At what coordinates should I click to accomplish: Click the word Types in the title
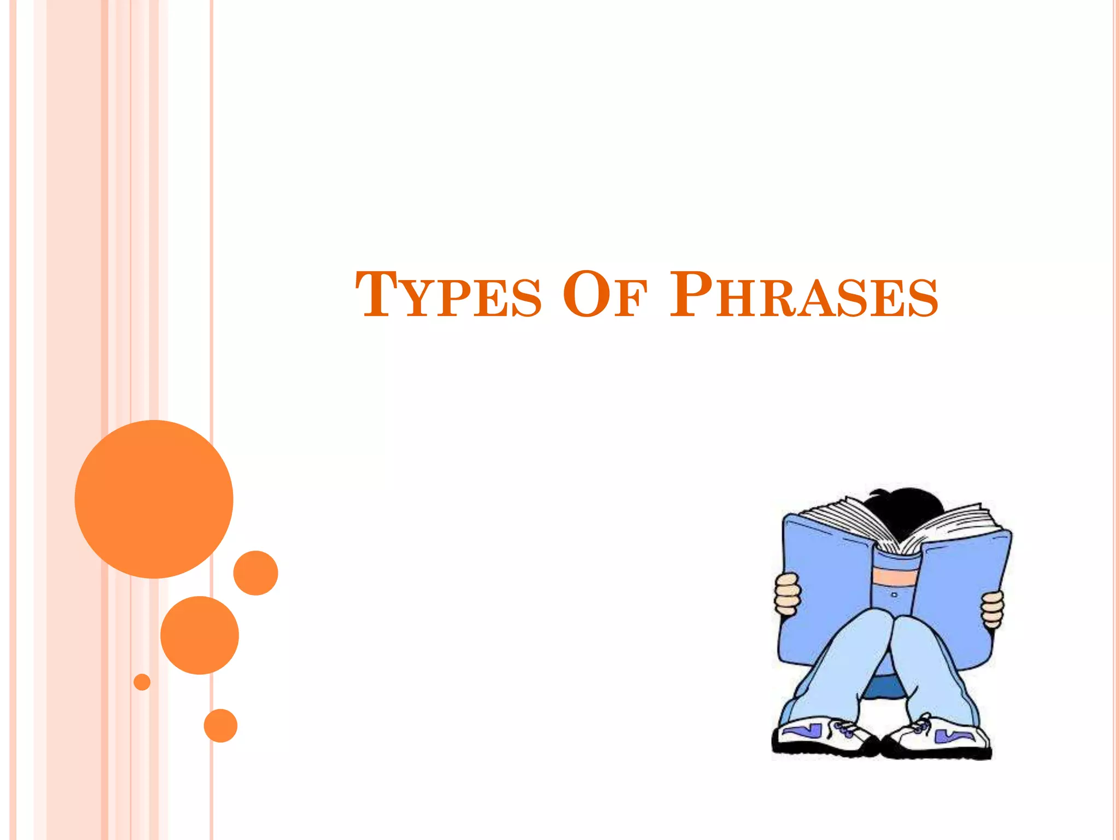point(448,295)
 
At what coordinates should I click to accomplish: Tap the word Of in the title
point(605,295)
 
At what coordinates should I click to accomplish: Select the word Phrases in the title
point(804,295)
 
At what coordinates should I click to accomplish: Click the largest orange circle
point(154,499)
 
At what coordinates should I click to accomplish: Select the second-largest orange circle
point(200,635)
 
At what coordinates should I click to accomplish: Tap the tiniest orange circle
point(142,682)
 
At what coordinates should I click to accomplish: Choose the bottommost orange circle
point(220,726)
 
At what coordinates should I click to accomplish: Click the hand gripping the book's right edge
point(992,609)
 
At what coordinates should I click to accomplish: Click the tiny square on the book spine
point(894,594)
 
